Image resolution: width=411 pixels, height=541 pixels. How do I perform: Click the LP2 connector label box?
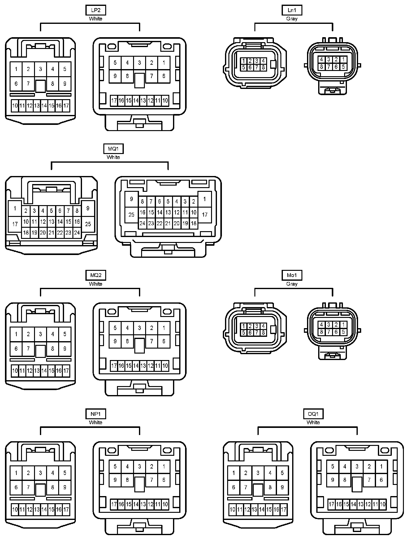click(x=96, y=10)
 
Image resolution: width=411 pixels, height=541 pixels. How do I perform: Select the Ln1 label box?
click(x=292, y=10)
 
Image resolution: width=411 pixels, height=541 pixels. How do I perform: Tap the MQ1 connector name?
click(x=113, y=149)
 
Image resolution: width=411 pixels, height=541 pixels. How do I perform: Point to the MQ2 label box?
click(x=96, y=275)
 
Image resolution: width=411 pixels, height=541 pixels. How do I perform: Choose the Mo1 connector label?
click(x=292, y=275)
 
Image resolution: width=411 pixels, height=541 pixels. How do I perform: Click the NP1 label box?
click(x=96, y=414)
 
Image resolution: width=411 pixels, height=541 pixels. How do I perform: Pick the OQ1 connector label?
click(x=313, y=414)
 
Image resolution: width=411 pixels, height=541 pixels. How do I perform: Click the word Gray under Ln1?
click(x=292, y=19)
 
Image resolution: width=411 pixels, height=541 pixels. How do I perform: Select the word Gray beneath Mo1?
click(x=292, y=284)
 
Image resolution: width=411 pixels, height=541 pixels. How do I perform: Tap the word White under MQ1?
click(x=113, y=157)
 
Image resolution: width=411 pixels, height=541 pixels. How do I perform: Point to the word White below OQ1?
click(x=313, y=422)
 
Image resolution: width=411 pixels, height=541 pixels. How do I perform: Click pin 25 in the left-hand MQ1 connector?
click(x=88, y=224)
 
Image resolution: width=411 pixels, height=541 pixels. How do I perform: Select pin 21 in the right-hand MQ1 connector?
click(x=168, y=223)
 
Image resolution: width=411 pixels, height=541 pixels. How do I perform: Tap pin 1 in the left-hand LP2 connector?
click(x=16, y=69)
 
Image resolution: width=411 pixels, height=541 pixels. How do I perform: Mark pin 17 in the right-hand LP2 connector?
click(x=114, y=100)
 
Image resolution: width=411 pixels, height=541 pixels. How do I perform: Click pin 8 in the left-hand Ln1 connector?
click(x=263, y=67)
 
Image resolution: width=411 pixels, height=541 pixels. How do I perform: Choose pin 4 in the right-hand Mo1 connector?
click(x=322, y=324)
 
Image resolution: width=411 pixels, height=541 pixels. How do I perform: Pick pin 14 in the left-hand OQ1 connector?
click(x=262, y=509)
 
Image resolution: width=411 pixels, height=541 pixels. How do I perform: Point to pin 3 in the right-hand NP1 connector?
click(x=140, y=466)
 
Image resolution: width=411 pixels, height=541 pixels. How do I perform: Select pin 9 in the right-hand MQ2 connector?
click(x=115, y=341)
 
